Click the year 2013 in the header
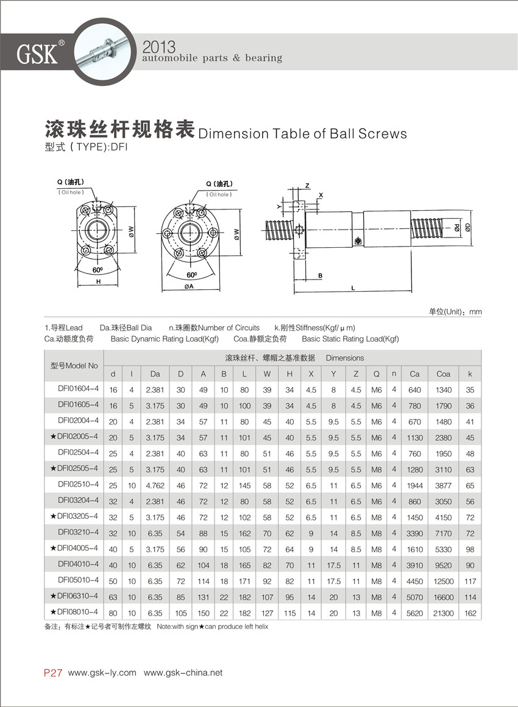click(x=158, y=46)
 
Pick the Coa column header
click(x=443, y=374)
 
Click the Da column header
click(x=155, y=374)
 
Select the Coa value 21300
click(x=443, y=613)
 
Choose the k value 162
click(x=470, y=613)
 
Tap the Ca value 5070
click(x=414, y=597)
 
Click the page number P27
click(x=53, y=673)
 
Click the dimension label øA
click(x=188, y=287)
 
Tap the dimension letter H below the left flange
click(x=98, y=282)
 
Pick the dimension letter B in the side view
click(x=320, y=276)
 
